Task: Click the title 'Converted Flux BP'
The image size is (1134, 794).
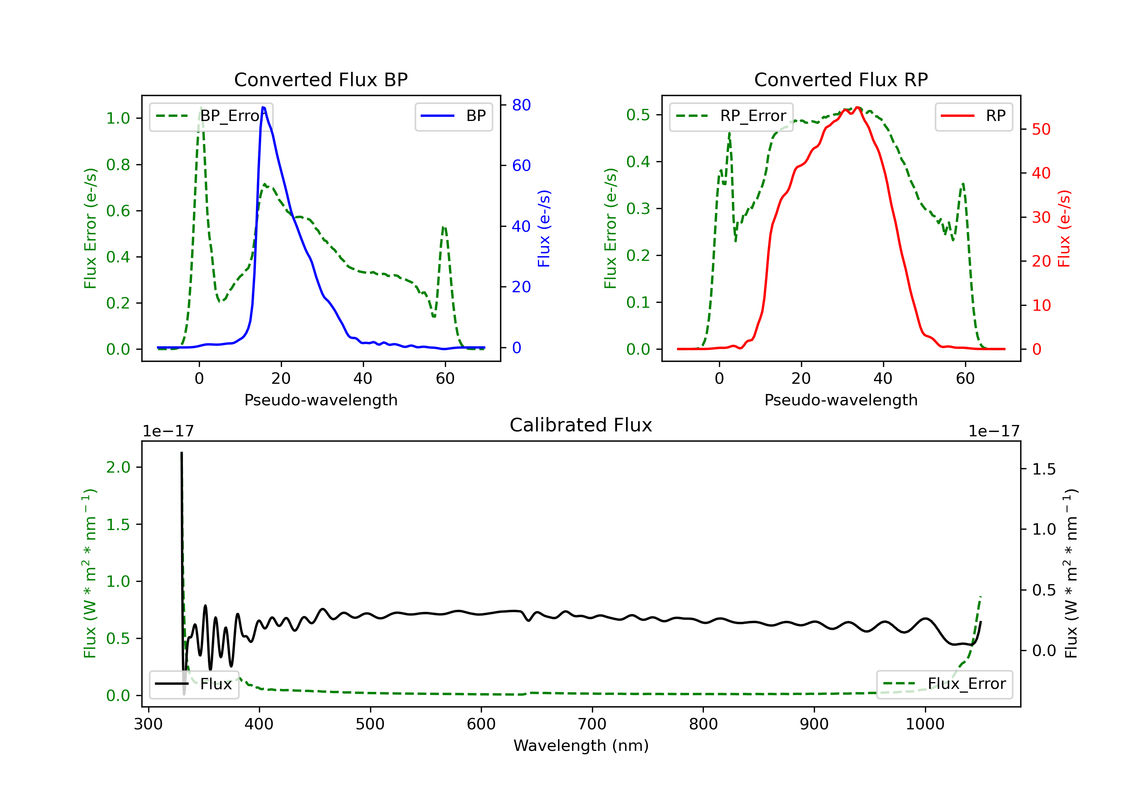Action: point(321,79)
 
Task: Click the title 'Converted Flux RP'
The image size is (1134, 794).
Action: point(841,79)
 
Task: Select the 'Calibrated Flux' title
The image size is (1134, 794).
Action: point(581,425)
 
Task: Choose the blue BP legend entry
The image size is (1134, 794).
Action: point(453,116)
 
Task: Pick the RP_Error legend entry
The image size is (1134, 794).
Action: point(731,116)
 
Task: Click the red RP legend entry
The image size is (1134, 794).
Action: point(973,116)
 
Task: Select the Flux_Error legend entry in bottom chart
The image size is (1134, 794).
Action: point(944,684)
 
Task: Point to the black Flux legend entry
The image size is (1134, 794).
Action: point(194,684)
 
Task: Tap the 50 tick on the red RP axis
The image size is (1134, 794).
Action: point(1041,129)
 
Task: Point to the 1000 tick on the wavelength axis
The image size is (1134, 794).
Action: point(925,724)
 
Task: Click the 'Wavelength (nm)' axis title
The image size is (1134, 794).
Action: point(581,746)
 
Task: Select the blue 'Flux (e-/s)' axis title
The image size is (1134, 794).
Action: point(544,228)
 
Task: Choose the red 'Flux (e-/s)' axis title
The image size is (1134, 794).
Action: point(1064,228)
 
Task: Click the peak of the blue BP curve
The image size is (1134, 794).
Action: point(263,107)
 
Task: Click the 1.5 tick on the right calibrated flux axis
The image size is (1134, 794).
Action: point(1044,469)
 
